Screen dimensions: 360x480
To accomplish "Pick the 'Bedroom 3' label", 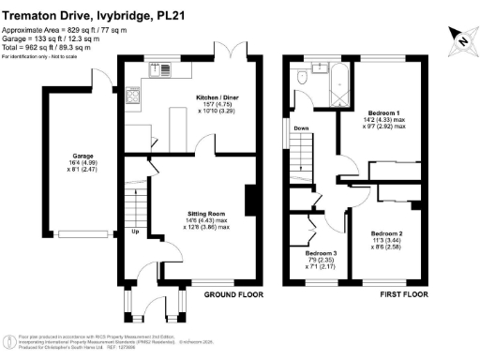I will (322, 252).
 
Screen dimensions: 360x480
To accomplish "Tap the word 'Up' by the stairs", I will (136, 232).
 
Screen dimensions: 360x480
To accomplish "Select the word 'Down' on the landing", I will (301, 128).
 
